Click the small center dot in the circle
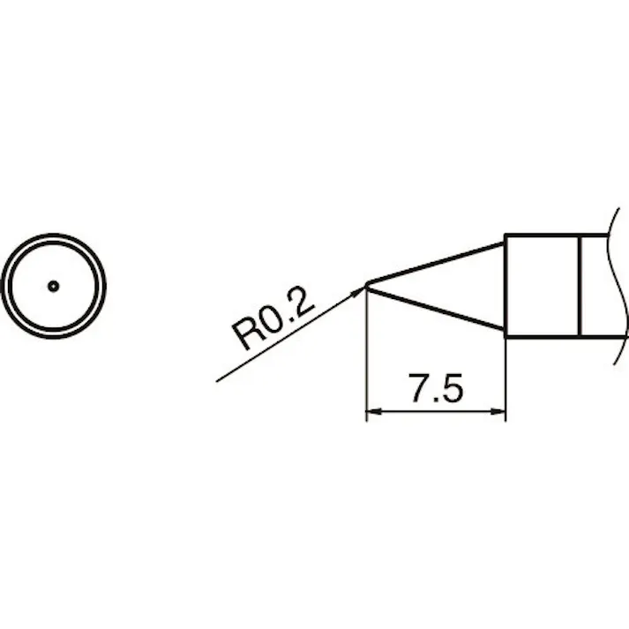pyautogui.click(x=53, y=286)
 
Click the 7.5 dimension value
pyautogui.click(x=436, y=389)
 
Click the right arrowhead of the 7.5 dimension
pyautogui.click(x=498, y=411)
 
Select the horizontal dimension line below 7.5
pyautogui.click(x=436, y=411)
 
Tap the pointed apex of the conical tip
pyautogui.click(x=367, y=285)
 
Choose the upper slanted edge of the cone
pyautogui.click(x=436, y=263)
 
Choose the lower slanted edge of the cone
pyautogui.click(x=436, y=309)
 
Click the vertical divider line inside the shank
pyautogui.click(x=580, y=285)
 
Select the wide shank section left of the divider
pyautogui.click(x=542, y=285)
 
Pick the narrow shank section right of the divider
pyautogui.click(x=595, y=285)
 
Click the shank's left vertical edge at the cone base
pyautogui.click(x=505, y=285)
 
